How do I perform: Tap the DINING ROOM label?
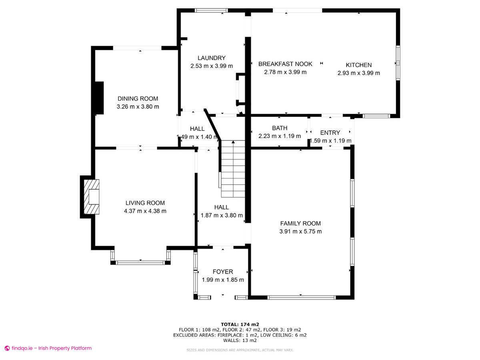[x=138, y=99]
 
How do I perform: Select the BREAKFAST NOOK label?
[x=285, y=64]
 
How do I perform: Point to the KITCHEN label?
[x=358, y=65]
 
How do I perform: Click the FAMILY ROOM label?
[x=300, y=224]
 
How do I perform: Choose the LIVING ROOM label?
[x=145, y=203]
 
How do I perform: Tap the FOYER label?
[x=223, y=272]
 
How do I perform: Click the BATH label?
[x=280, y=128]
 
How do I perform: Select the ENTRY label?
[x=330, y=133]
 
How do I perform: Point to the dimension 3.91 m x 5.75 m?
[x=300, y=232]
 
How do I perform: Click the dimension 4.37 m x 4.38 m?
[x=145, y=211]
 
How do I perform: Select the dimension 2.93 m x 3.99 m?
[x=358, y=73]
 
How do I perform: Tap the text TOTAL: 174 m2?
[x=240, y=324]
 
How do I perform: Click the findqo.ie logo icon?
[x=7, y=348]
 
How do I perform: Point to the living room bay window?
[x=140, y=262]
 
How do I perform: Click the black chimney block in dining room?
[x=98, y=98]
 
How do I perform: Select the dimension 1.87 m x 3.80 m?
[x=222, y=215]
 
